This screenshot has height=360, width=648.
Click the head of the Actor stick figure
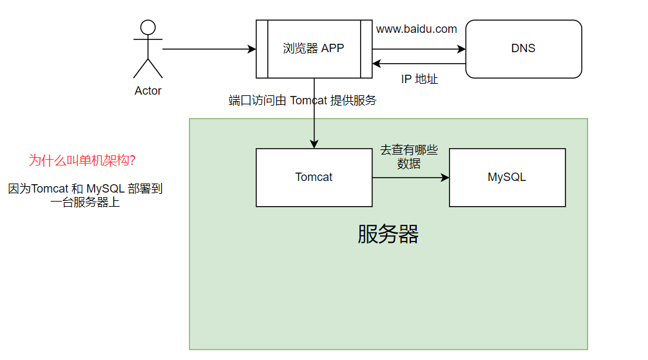[x=148, y=27]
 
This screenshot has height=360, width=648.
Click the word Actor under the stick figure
[x=148, y=91]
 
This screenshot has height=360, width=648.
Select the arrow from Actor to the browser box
[x=206, y=49]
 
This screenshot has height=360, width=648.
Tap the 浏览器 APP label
[x=314, y=48]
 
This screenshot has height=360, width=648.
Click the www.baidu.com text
[x=416, y=29]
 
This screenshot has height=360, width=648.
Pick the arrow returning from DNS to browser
[x=419, y=64]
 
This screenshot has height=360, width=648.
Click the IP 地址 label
[x=419, y=79]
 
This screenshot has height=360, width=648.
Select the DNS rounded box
[x=523, y=49]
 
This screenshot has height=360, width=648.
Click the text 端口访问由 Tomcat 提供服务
[x=302, y=100]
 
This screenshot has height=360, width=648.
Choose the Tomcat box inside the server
[x=314, y=177]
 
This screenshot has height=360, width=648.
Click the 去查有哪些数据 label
[x=409, y=157]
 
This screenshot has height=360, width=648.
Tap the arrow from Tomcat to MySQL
[x=410, y=178]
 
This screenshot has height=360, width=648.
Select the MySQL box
[x=507, y=177]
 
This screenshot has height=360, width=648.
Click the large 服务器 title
[x=388, y=234]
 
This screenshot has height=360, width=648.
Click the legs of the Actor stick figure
[x=148, y=68]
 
